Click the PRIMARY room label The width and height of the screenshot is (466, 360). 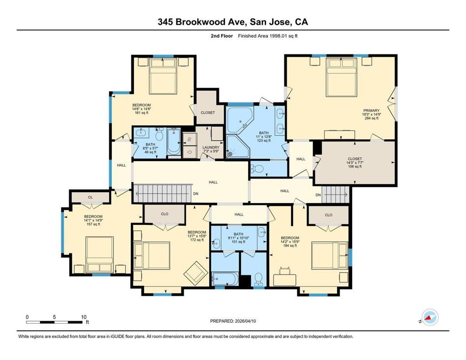(x=371, y=111)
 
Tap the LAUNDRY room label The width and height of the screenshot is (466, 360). (x=211, y=147)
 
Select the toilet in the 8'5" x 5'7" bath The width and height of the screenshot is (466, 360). (x=160, y=134)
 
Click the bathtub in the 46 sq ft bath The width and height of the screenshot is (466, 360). (x=173, y=142)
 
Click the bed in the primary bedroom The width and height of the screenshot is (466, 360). (x=341, y=77)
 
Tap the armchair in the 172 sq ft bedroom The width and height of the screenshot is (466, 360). (x=195, y=272)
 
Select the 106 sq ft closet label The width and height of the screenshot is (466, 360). (x=355, y=162)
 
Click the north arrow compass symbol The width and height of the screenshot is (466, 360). (x=430, y=317)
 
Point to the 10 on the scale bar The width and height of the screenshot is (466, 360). (x=84, y=317)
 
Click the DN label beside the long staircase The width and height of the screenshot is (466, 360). (x=196, y=193)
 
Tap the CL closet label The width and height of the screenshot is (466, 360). (x=91, y=197)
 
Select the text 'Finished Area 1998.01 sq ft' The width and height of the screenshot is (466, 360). (x=268, y=36)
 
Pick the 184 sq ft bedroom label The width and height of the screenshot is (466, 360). (x=290, y=242)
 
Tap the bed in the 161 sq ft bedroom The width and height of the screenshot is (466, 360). (x=163, y=76)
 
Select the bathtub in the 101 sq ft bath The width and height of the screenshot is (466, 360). (x=225, y=279)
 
